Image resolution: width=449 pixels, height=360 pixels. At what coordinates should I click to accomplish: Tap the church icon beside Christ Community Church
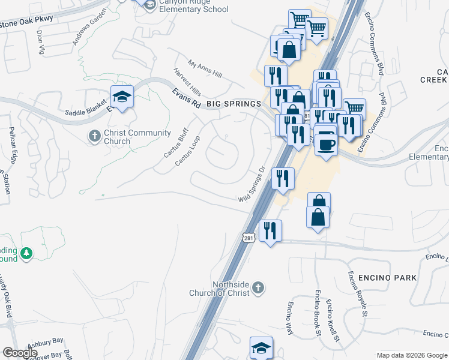[94, 137]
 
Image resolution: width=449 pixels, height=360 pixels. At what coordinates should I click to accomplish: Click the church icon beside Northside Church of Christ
[258, 288]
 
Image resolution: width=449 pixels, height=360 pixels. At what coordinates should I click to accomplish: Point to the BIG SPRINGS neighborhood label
[234, 104]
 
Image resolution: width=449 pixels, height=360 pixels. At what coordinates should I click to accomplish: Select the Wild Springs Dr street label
[252, 185]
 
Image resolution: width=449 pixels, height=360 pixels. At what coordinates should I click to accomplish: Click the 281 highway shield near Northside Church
[249, 238]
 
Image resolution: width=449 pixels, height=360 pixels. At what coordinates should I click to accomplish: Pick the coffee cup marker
[325, 144]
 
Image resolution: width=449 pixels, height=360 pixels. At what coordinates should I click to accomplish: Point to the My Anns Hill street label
[205, 69]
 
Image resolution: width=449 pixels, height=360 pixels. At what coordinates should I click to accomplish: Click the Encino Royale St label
[357, 293]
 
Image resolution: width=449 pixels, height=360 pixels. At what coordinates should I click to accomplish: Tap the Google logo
[20, 353]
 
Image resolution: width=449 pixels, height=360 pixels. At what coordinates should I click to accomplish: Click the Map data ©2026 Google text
[411, 355]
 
